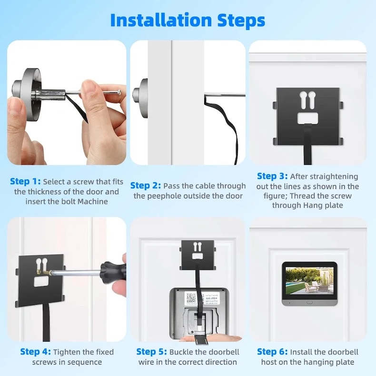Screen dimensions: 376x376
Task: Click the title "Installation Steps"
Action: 188,20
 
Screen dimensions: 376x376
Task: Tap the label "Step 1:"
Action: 25,181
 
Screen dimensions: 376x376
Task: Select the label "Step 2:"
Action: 146,186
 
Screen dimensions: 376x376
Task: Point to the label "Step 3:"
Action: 272,176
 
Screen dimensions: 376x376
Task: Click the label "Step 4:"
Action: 35,352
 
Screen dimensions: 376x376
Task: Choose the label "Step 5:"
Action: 151,352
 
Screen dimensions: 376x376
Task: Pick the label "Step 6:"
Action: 272,352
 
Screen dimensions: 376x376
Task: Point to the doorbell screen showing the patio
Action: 309,281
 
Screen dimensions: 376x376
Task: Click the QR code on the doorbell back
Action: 191,298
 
